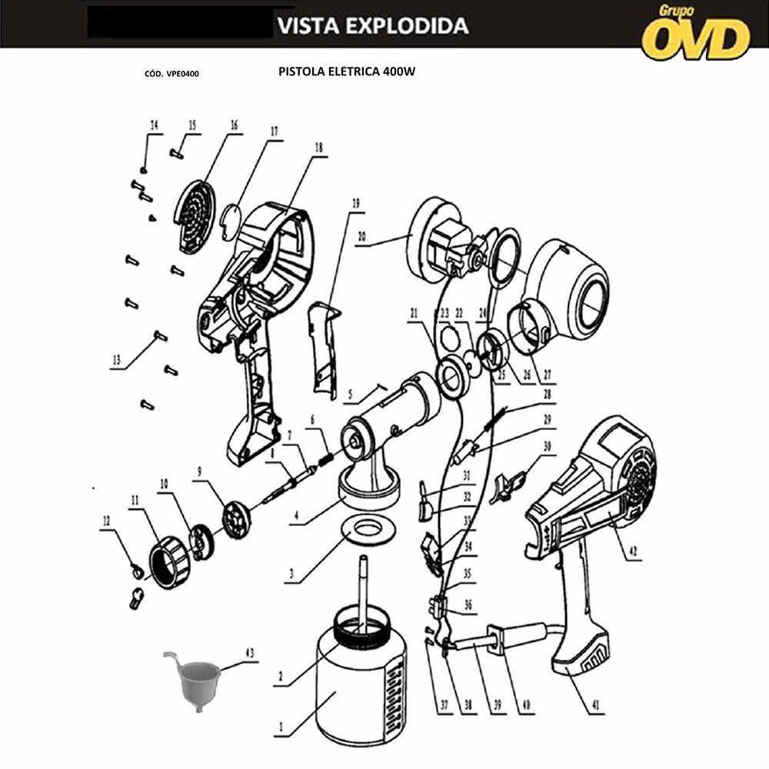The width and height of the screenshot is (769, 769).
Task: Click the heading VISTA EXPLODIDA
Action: pos(373,26)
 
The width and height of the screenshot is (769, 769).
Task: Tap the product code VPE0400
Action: pos(182,74)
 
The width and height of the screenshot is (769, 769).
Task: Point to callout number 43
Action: pos(250,654)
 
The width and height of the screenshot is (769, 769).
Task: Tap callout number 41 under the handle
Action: pos(596,705)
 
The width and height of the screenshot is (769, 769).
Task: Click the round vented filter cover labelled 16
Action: pos(195,216)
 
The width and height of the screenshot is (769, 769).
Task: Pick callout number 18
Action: pos(319,148)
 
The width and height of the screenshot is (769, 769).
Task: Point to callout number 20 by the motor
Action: pos(362,237)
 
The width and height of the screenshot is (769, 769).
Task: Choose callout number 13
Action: pos(117,361)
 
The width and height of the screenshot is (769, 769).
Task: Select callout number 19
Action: pos(356,202)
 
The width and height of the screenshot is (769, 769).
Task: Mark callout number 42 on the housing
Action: pos(633,551)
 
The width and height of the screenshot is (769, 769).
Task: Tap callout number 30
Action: pos(548,446)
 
